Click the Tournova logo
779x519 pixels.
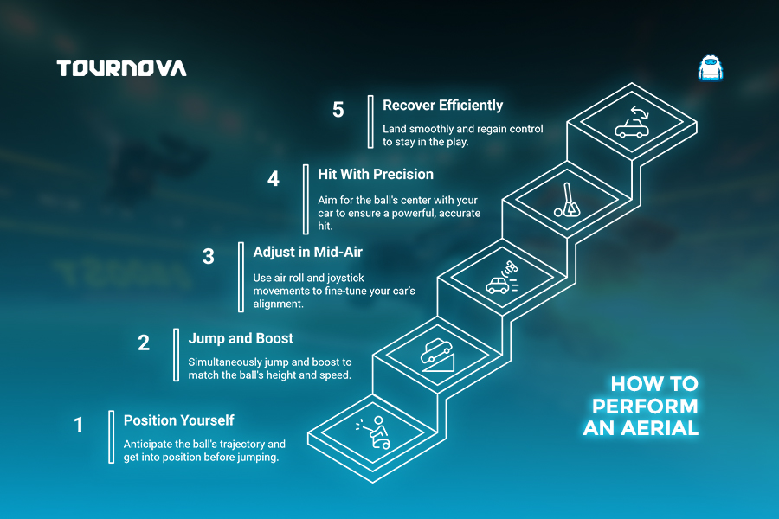(x=122, y=68)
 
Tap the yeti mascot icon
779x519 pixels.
(x=711, y=68)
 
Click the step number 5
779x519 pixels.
(x=338, y=110)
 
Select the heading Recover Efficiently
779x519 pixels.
(x=442, y=106)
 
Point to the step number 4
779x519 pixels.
(x=274, y=179)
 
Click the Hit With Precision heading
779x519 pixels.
(x=376, y=175)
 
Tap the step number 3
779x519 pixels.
(x=209, y=256)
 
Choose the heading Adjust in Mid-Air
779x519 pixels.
(x=307, y=252)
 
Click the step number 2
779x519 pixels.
(x=144, y=343)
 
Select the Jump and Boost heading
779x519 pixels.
(x=241, y=339)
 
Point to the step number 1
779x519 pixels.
(x=79, y=425)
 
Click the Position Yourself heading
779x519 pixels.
(x=179, y=420)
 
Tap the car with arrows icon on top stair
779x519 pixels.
(x=633, y=122)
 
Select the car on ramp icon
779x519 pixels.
(x=438, y=356)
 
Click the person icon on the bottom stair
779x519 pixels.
(x=374, y=432)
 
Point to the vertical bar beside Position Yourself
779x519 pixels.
(x=112, y=437)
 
